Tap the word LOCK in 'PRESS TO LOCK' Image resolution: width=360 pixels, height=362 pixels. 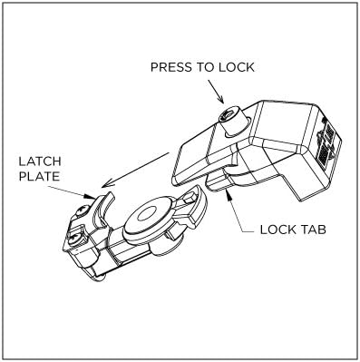click(x=232, y=68)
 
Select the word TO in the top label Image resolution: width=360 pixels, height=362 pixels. click(x=200, y=68)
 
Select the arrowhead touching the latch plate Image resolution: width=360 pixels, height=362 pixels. click(x=91, y=194)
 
